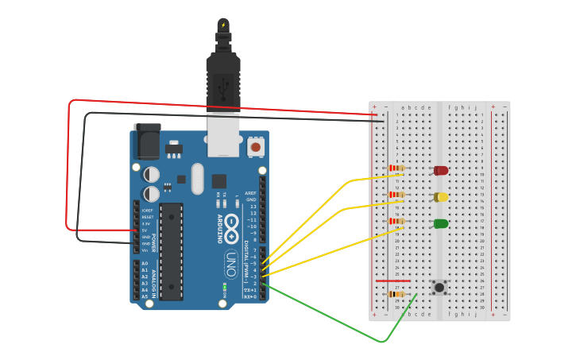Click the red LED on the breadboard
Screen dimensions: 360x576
click(x=441, y=170)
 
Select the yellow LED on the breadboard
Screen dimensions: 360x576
click(x=441, y=197)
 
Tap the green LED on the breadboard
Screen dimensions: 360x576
click(x=441, y=224)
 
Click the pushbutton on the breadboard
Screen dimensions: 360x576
click(x=439, y=287)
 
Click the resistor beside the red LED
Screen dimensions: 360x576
click(x=396, y=168)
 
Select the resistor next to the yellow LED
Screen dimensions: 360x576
click(x=396, y=195)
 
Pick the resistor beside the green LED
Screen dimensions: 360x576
click(x=396, y=222)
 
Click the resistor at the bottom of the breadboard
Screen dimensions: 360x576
click(x=395, y=294)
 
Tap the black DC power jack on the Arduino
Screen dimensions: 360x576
click(x=147, y=142)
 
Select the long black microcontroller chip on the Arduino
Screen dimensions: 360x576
click(x=171, y=251)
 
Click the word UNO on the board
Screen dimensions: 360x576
click(x=230, y=261)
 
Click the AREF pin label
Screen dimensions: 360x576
click(x=251, y=193)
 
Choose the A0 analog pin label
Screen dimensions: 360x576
click(x=145, y=263)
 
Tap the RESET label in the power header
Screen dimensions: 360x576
click(x=148, y=217)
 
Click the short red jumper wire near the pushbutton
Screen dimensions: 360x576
click(x=392, y=281)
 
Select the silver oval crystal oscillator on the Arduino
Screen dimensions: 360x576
click(x=197, y=179)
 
